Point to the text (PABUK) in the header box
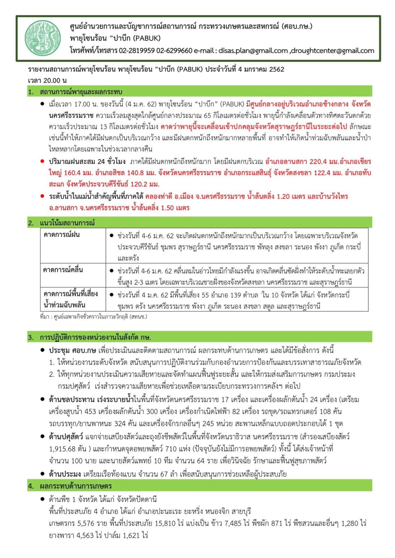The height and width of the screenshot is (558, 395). pos(147,38)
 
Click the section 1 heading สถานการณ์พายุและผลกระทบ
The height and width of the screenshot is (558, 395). pos(81,92)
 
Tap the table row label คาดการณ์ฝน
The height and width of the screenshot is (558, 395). pos(61,235)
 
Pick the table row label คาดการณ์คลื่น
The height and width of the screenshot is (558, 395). pos(63,270)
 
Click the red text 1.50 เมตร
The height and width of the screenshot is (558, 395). pos(175,208)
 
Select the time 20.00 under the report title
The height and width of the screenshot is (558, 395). pos(52,81)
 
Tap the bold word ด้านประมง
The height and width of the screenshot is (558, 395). pos(65,474)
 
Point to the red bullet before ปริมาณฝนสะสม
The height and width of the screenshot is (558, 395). pos(42,161)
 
